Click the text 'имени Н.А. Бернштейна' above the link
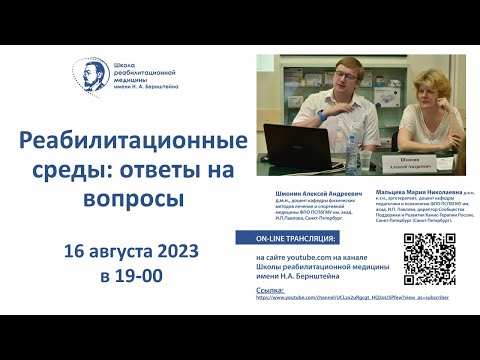(x=300, y=276)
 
